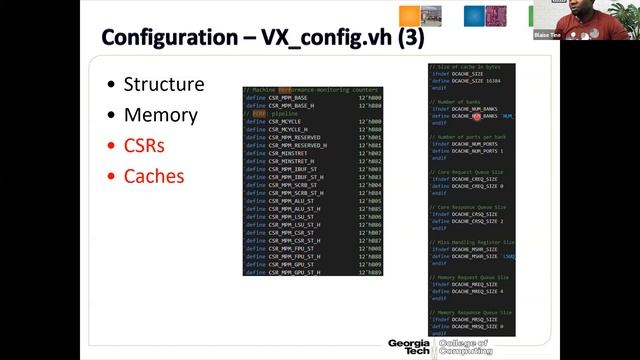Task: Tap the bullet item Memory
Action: click(x=160, y=115)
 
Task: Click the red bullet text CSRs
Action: click(x=144, y=146)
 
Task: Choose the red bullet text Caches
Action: click(x=153, y=177)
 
